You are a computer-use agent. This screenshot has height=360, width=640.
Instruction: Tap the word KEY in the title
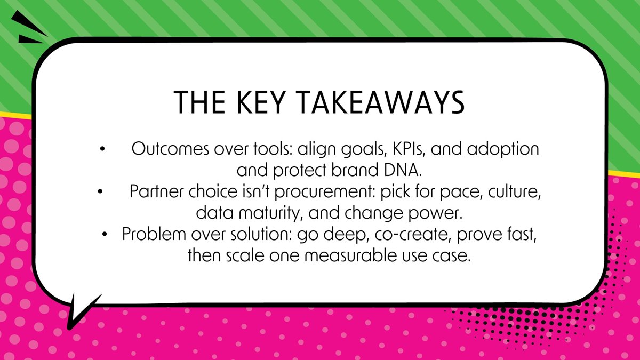pos(250,102)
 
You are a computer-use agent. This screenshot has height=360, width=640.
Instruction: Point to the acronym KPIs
pos(405,149)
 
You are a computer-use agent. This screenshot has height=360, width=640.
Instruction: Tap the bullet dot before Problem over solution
pos(107,235)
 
